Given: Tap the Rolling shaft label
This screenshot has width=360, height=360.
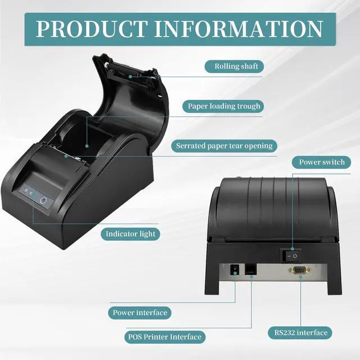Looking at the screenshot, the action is tap(236, 67).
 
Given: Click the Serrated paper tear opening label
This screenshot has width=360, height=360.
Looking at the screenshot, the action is tap(223, 146).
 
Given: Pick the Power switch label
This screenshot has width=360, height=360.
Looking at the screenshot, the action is tap(322, 163).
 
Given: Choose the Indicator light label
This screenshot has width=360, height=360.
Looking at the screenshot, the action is tap(130, 233).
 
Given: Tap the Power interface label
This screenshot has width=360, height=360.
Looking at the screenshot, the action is tap(139, 312).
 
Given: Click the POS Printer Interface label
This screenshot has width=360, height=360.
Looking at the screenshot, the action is tap(163, 337).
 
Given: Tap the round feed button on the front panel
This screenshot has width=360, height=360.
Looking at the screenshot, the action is tap(44, 199).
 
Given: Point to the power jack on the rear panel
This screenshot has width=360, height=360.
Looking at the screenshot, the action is tap(235, 272).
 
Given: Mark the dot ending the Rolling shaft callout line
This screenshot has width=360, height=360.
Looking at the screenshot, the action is tap(130, 75).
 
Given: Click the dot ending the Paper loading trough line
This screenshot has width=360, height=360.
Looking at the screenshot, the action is tap(88, 145).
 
